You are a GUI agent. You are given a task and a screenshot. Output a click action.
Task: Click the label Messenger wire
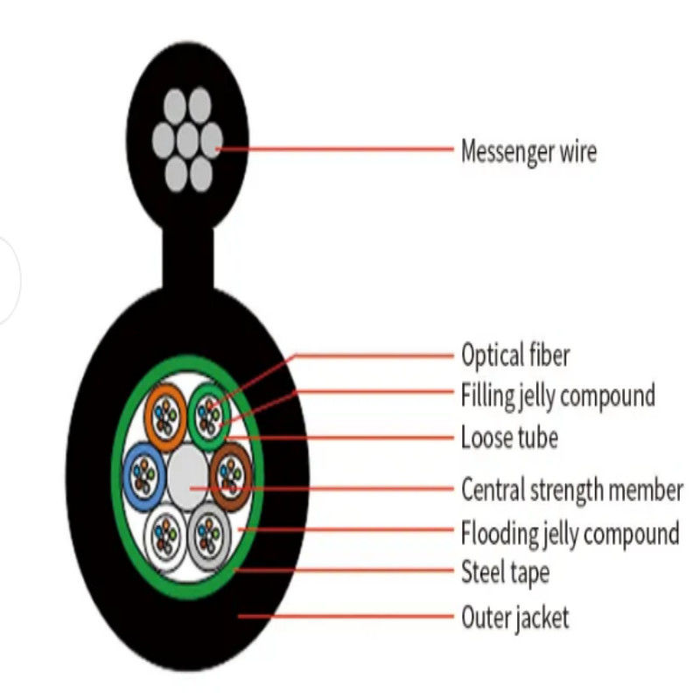coord(528,152)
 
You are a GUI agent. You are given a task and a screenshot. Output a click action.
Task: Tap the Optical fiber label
coord(515,356)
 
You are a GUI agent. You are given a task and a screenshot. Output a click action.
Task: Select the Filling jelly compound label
coord(558,396)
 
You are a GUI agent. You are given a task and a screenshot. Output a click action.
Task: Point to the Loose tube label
coord(509,437)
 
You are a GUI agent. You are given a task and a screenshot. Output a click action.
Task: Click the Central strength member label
coord(572,490)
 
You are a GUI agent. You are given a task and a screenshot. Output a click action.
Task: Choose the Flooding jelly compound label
coord(570,534)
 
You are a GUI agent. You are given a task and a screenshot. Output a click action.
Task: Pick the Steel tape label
coord(505,573)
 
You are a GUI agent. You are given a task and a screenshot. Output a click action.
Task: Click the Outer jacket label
coord(515,619)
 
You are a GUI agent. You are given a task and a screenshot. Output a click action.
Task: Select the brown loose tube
coord(231,476)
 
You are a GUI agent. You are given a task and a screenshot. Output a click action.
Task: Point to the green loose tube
coord(209,417)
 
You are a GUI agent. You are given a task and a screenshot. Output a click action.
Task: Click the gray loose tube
coord(209,535)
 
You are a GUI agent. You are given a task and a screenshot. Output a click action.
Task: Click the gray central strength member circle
coord(187,476)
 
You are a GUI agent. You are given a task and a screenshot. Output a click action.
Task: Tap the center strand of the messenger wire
coord(187,140)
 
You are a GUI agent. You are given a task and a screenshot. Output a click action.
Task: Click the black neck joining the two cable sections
coord(187,259)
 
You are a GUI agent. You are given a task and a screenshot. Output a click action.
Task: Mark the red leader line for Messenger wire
coord(335,149)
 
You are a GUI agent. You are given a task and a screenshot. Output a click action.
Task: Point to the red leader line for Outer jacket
coord(346,617)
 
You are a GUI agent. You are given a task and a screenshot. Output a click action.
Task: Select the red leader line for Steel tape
coord(344,570)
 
